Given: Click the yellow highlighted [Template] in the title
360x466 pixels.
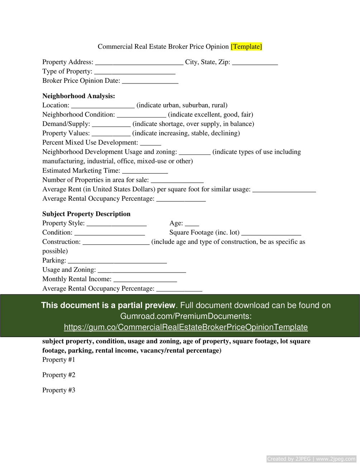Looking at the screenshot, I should click(x=246, y=47).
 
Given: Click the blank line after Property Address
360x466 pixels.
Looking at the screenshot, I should click(x=139, y=62).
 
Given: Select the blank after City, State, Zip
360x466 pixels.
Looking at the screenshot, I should click(x=255, y=62).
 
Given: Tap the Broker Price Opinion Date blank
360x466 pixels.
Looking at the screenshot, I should click(x=150, y=81).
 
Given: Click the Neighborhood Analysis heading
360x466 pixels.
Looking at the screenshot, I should click(x=79, y=96).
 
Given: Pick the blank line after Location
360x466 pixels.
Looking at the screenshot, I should click(x=103, y=106).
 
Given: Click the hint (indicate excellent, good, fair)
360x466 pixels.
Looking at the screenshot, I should click(x=211, y=115).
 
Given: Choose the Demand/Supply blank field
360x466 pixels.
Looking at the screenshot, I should click(x=111, y=124).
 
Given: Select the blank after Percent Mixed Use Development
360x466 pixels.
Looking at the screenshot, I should click(x=150, y=143).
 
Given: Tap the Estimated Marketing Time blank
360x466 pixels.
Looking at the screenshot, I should click(x=145, y=171).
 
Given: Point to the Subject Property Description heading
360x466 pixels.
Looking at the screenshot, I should click(x=86, y=214).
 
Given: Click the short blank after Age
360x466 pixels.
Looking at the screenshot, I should click(x=192, y=224).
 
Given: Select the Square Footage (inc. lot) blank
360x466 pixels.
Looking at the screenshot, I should click(x=271, y=233).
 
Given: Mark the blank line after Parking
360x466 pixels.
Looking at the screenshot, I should click(x=117, y=261).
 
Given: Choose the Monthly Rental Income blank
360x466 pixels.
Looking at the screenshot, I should click(x=145, y=279).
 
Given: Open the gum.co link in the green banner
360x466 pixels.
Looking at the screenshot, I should click(x=186, y=327).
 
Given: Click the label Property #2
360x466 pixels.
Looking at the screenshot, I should click(x=59, y=375).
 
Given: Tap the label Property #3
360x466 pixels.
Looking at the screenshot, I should click(x=59, y=390).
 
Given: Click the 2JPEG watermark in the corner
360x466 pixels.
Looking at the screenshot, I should click(x=311, y=459).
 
